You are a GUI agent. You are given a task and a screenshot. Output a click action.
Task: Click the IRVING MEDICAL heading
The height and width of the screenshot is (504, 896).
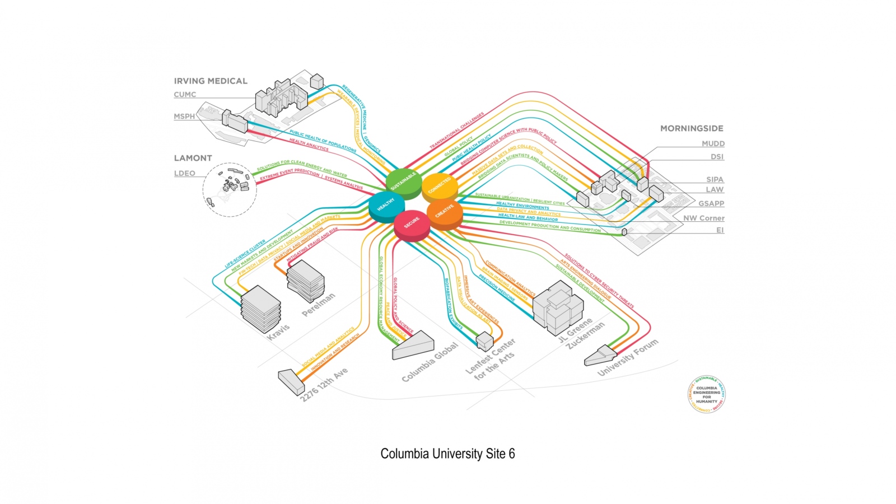coord(211,81)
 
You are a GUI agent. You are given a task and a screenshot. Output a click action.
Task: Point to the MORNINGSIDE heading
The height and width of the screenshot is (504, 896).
coord(692,128)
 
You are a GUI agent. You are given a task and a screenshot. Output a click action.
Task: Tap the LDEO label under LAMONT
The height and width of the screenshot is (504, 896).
coord(185,174)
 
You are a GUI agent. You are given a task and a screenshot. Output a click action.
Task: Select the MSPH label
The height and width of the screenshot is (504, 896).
coord(184,116)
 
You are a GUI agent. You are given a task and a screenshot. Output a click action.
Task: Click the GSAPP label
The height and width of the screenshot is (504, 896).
coord(711,204)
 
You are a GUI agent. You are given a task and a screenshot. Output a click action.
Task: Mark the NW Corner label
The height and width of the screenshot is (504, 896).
coord(704,218)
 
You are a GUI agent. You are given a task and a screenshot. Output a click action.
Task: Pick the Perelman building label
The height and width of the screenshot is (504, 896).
coord(319,305)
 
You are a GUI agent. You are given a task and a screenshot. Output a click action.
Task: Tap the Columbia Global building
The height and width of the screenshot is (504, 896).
coord(413,345)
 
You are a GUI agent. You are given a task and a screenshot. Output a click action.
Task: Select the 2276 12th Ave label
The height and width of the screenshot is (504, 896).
coord(324,385)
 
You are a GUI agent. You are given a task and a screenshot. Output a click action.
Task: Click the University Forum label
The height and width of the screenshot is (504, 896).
coord(628,358)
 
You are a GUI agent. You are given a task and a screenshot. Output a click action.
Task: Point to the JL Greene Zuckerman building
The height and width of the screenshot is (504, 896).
coord(558,305)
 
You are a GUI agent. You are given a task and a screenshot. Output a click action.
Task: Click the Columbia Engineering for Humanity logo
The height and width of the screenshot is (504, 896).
coord(707,394)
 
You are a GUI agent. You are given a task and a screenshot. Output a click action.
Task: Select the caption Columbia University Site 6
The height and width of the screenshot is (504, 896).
coord(447,454)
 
